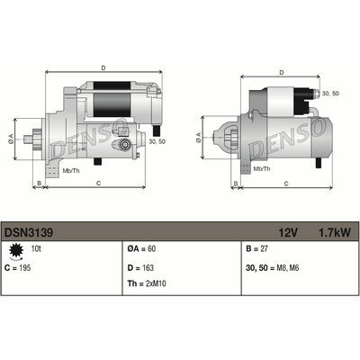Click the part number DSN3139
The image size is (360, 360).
click(x=29, y=232)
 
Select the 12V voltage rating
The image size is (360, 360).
click(x=288, y=232)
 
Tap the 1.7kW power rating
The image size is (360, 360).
click(x=334, y=232)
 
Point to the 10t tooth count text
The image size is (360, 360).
click(x=36, y=248)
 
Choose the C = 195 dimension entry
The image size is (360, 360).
click(x=18, y=268)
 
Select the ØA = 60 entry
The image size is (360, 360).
click(x=141, y=248)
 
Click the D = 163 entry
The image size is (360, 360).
click(x=140, y=268)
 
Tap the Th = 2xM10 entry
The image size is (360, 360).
click(x=147, y=283)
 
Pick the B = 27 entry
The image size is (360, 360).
click(x=256, y=248)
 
